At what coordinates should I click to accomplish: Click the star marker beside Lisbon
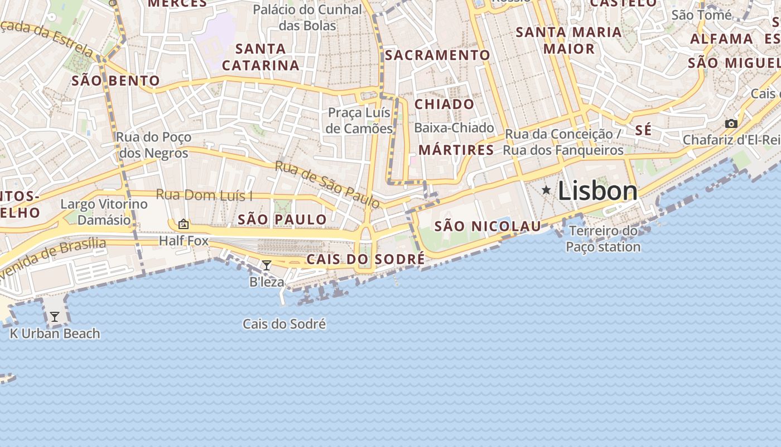546,191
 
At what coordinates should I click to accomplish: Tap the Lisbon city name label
597,191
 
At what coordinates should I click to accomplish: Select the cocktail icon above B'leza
267,265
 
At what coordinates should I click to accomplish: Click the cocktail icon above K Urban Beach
54,317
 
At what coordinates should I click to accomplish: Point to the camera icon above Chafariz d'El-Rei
731,123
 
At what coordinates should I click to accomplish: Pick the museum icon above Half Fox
183,225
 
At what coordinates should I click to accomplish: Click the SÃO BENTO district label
115,81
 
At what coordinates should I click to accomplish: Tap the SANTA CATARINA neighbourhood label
261,57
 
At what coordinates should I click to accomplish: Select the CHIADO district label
444,104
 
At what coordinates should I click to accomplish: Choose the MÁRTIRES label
456,150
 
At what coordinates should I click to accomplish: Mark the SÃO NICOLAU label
488,226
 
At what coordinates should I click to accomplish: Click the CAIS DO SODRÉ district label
365,259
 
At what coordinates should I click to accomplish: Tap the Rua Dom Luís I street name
204,195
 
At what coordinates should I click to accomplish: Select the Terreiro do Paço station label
603,239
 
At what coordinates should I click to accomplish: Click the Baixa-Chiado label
454,128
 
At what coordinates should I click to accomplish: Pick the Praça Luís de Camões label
360,121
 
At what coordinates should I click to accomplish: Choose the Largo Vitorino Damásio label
104,212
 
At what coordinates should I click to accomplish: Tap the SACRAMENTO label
437,55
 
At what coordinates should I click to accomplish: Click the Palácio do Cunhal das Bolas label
307,17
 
